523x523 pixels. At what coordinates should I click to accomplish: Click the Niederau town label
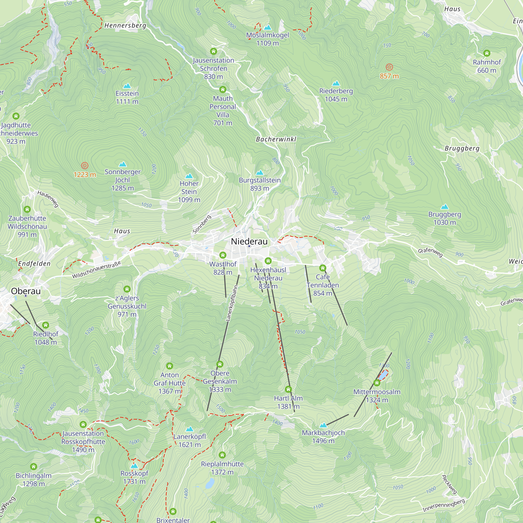249,241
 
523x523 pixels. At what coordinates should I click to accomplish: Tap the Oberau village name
26,291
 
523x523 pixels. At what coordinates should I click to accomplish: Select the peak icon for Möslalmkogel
268,27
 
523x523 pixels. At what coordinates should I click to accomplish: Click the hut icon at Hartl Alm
288,389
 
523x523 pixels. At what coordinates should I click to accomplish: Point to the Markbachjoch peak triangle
323,425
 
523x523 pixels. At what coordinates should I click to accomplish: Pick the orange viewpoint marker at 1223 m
85,166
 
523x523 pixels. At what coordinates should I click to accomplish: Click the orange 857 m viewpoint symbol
389,67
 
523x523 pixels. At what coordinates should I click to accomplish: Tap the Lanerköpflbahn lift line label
232,303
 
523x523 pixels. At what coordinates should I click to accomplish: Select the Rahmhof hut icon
487,53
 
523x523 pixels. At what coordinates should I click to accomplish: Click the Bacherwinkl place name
276,139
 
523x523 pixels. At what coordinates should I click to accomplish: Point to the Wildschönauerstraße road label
96,270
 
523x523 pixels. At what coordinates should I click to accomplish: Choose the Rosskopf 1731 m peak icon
134,466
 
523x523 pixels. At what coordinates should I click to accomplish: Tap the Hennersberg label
125,25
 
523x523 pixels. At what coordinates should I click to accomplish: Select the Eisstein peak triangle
127,86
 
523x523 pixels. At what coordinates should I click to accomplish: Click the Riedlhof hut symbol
46,325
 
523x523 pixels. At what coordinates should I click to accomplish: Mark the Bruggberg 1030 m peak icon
445,207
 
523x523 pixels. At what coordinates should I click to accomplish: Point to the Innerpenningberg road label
444,505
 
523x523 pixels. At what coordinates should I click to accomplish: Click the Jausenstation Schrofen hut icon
214,51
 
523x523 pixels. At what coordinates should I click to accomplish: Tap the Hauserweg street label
48,199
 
